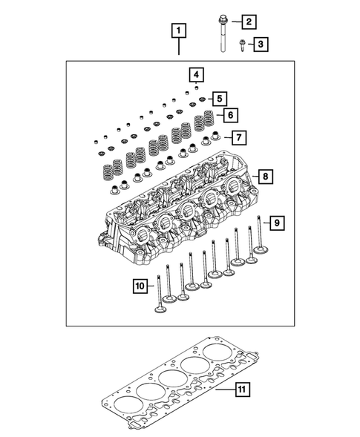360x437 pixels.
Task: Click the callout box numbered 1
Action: tap(178, 31)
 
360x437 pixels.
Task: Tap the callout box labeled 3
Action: tap(261, 45)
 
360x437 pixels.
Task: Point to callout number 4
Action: tap(195, 75)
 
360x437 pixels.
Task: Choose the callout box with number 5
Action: tap(219, 98)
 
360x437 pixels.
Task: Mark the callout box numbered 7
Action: tap(238, 137)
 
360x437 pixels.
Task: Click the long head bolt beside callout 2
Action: tap(223, 37)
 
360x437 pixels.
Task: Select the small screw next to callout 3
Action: tap(242, 45)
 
